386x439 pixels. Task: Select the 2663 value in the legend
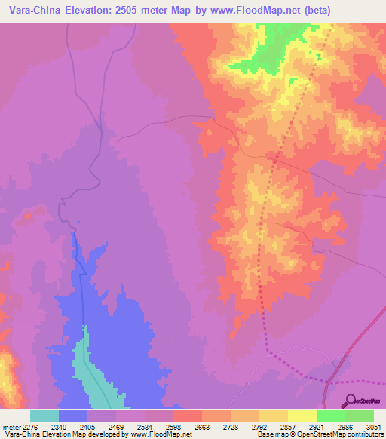pyautogui.click(x=188, y=426)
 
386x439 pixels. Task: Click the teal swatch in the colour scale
pyautogui.click(x=44, y=416)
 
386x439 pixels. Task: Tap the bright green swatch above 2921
pyautogui.click(x=330, y=416)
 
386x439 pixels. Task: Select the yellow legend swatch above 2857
pyautogui.click(x=302, y=416)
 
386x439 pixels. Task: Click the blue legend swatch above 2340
pyautogui.click(x=73, y=416)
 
